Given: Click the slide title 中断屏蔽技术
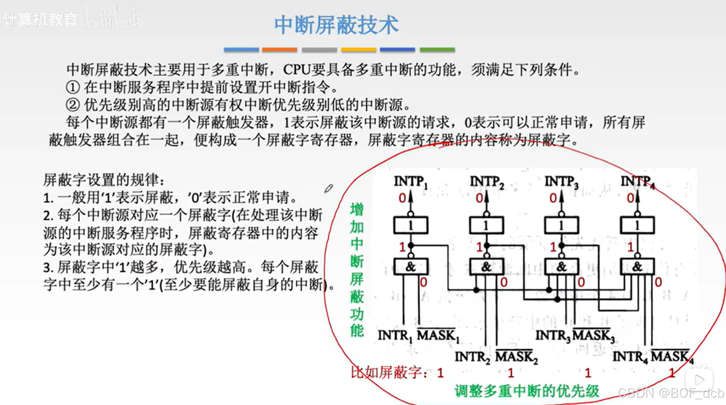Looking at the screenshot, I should [336, 25].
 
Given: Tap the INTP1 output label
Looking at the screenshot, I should [410, 182].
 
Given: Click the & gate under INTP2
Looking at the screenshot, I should [486, 267].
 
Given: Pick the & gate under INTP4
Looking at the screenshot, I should [637, 267].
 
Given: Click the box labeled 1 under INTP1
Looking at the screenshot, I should [410, 225].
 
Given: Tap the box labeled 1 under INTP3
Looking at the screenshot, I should [561, 225].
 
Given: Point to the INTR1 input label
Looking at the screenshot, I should [395, 336].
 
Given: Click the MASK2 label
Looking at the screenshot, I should [516, 357].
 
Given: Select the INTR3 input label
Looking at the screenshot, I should [553, 336].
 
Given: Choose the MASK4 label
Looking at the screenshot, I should [672, 357].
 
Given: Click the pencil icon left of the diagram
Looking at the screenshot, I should [328, 189].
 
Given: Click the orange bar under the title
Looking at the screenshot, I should [279, 50].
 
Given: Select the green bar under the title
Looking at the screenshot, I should [437, 50].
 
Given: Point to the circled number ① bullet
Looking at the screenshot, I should [73, 87].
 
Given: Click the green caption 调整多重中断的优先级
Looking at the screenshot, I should [527, 391].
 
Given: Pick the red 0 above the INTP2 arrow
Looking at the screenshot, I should [479, 198].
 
